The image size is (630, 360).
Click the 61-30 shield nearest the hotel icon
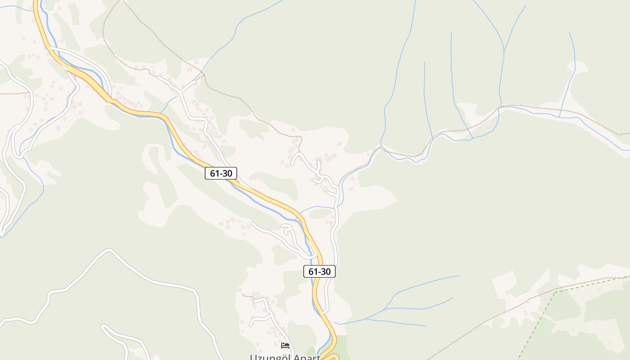coord(319,271)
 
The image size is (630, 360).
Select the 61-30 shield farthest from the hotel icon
coord(220,173)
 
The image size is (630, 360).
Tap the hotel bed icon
coord(285,346)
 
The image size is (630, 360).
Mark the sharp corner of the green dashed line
coord(555,292)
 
